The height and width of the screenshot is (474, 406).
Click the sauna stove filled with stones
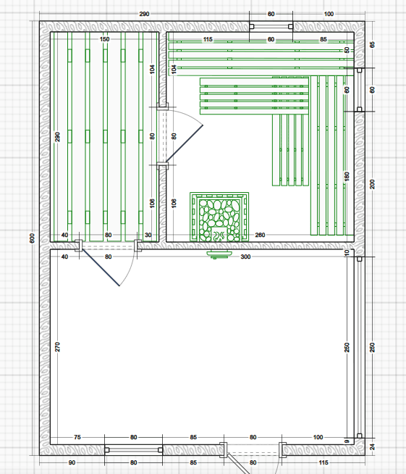click(219, 217)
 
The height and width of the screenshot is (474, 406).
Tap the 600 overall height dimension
click(33, 238)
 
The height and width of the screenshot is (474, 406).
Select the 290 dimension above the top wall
click(144, 14)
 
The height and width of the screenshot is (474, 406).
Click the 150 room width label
click(104, 39)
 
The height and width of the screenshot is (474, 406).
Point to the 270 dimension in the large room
click(57, 346)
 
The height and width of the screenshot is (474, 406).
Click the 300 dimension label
click(245, 257)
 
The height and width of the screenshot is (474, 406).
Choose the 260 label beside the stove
click(260, 235)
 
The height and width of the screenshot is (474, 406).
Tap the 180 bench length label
click(347, 177)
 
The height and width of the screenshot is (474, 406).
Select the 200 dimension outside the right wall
click(372, 184)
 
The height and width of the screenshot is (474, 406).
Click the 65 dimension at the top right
click(372, 45)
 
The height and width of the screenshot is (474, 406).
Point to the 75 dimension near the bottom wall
click(77, 437)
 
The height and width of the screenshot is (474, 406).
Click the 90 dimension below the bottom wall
click(72, 462)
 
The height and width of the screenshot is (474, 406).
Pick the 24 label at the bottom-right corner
click(372, 446)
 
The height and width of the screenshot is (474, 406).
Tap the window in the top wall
click(271, 27)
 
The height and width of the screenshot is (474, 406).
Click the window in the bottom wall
click(133, 450)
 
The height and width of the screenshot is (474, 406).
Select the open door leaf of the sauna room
click(184, 143)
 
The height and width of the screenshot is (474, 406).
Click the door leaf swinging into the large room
click(101, 268)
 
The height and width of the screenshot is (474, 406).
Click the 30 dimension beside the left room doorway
click(148, 235)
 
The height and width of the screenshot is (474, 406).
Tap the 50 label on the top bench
click(347, 50)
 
